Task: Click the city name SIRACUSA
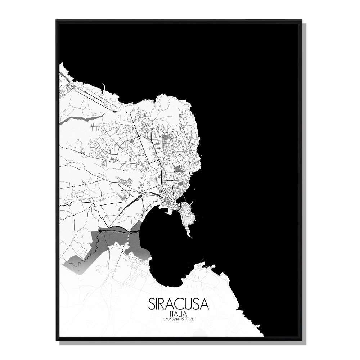click(178, 303)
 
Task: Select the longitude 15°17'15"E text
click(187, 318)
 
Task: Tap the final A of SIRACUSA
click(205, 303)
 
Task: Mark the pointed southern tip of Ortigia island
click(190, 236)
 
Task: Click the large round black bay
click(166, 248)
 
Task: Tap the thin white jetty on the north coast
click(103, 87)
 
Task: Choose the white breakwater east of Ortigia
click(192, 203)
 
